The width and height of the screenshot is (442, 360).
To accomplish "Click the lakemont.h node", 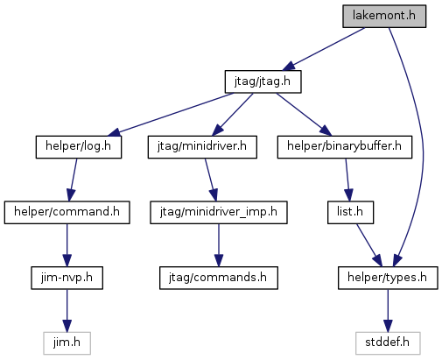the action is [x=384, y=16].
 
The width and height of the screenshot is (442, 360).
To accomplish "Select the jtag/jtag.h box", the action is [x=263, y=81].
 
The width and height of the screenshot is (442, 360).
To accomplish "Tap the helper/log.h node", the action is [x=79, y=147].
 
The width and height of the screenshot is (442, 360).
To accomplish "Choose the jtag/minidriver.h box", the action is [x=202, y=147].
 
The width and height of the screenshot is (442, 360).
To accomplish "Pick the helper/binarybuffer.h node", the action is [x=345, y=147].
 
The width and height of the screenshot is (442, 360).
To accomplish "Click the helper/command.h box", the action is [x=67, y=212].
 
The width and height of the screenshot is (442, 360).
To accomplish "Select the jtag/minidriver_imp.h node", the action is [x=219, y=212].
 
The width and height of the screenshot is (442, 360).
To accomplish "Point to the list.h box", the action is [x=350, y=212].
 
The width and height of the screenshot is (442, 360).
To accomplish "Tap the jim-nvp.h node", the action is [x=67, y=278].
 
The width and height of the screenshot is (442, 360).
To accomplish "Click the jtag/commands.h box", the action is [x=219, y=278].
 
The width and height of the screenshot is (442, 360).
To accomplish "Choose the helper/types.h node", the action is [x=388, y=278].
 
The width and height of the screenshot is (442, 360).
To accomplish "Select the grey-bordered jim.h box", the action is [x=67, y=343].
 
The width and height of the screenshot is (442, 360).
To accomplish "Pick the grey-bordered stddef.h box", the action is [x=388, y=343].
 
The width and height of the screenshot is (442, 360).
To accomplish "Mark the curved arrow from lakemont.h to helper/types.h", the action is [x=423, y=146].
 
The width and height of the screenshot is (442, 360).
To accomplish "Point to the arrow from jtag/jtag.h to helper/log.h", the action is [x=171, y=114].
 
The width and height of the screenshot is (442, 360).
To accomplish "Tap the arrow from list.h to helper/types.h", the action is [x=369, y=245].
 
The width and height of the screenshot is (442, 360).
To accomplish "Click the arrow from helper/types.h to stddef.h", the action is [x=388, y=311].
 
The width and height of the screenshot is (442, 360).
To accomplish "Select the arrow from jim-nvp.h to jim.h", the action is [x=67, y=311].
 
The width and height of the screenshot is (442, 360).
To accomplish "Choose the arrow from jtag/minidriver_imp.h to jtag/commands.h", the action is [x=219, y=245].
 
